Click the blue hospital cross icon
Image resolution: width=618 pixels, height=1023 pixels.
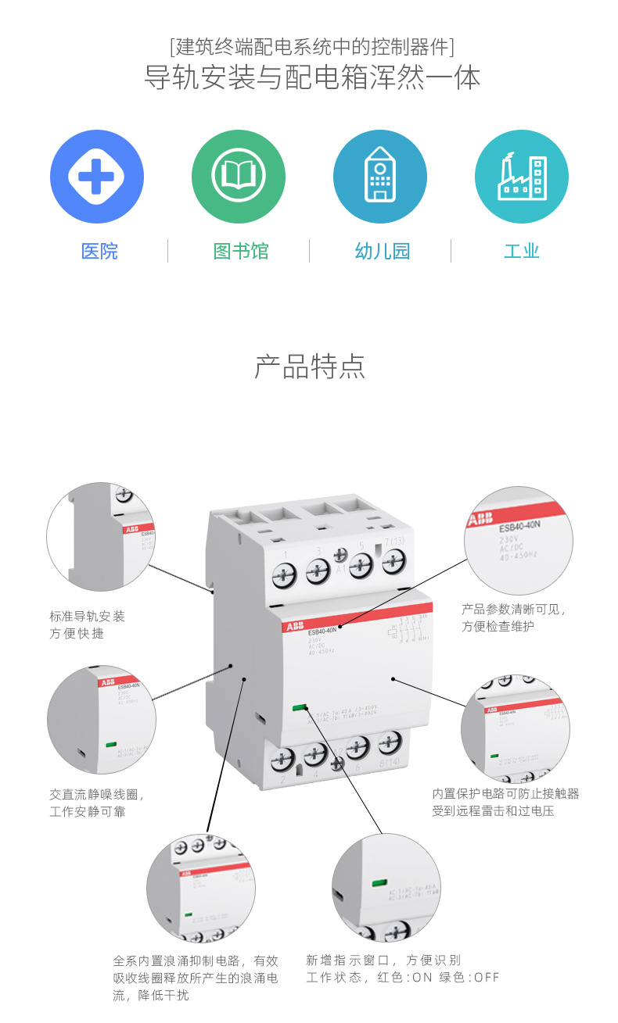(x=97, y=176)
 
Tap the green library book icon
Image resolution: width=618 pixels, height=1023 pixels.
(x=239, y=176)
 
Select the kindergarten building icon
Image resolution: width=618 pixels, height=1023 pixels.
(x=380, y=176)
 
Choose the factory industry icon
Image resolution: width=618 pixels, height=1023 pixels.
(x=522, y=176)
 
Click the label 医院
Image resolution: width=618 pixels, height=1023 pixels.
(x=99, y=252)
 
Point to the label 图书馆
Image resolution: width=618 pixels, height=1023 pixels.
(x=241, y=252)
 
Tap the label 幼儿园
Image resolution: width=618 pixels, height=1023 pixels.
(x=382, y=252)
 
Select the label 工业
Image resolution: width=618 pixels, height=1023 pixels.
(x=522, y=252)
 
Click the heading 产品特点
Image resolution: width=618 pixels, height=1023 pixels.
(x=310, y=367)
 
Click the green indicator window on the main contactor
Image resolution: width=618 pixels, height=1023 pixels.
(x=299, y=709)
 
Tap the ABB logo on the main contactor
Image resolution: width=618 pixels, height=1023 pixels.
(x=294, y=628)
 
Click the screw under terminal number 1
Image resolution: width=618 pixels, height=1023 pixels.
(x=282, y=576)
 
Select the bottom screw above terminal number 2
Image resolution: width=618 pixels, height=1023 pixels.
(x=282, y=757)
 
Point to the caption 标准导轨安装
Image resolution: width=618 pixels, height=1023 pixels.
(x=87, y=617)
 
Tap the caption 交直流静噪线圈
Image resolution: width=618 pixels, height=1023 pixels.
(x=96, y=795)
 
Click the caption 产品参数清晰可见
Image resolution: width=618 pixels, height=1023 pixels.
(x=513, y=610)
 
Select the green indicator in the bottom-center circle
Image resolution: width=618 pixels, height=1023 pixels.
(x=379, y=883)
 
